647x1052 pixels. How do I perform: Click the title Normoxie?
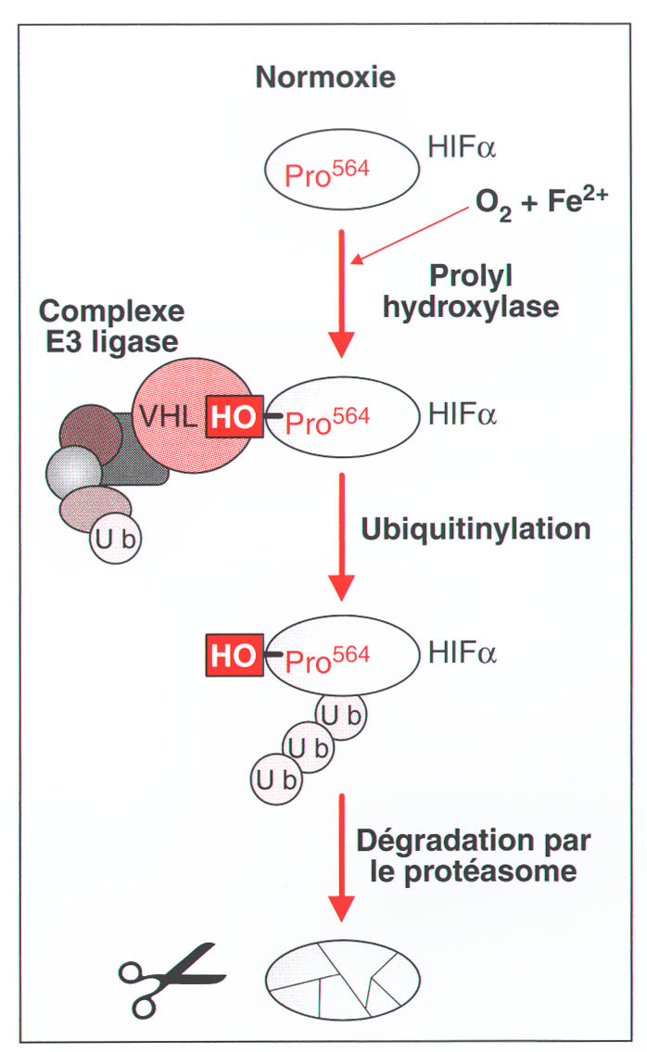pos(325,76)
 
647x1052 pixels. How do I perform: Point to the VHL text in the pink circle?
pos(169,417)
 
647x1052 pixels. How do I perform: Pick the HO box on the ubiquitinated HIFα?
pos(234,656)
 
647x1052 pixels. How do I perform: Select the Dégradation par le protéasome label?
pos(473,856)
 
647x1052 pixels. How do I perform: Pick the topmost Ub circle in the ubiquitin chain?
pos(340,716)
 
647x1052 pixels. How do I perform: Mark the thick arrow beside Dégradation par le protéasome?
pos(343,858)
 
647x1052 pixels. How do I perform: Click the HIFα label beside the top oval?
pos(463,147)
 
